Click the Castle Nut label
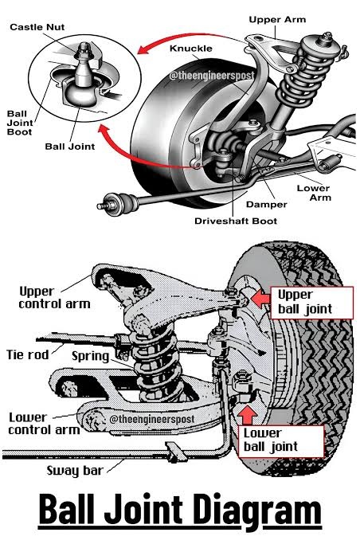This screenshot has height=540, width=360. [37, 27]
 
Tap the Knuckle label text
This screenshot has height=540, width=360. [191, 49]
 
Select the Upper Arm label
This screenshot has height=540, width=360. [277, 20]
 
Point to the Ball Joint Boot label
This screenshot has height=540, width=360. [20, 123]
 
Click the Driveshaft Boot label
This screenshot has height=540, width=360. [236, 221]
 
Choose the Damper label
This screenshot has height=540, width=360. [266, 205]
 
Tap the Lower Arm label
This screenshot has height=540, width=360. [314, 193]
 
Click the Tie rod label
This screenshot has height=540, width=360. [28, 354]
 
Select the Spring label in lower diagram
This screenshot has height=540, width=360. [90, 356]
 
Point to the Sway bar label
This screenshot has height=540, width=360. [75, 471]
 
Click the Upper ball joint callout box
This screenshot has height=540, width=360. [311, 303]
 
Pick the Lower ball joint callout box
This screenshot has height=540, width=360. [281, 440]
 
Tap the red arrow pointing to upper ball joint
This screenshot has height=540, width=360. [260, 298]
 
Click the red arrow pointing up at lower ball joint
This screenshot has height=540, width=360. [248, 415]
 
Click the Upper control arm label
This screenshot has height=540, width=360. [54, 298]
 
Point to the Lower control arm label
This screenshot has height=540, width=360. [44, 424]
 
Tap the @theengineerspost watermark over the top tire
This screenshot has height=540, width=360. [212, 76]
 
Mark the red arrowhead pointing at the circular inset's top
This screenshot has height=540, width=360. [144, 49]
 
